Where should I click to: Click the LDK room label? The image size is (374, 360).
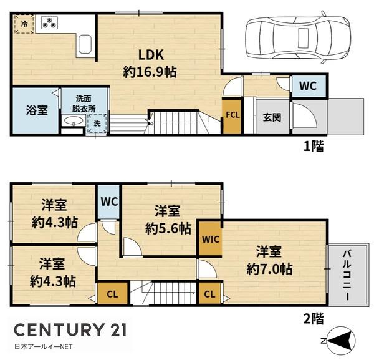[151, 55]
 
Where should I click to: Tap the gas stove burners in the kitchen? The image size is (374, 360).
[50, 22]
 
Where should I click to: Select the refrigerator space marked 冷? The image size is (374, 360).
[24, 24]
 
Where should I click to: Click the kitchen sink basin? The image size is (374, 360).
[85, 44]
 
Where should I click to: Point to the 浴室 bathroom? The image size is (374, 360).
[36, 110]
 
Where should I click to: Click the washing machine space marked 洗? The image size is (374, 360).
[97, 124]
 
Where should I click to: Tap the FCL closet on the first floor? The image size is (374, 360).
[233, 115]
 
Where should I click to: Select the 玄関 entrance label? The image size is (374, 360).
[272, 117]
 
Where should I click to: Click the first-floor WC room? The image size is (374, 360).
[309, 86]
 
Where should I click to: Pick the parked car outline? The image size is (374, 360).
[298, 37]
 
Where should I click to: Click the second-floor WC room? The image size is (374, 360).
[109, 202]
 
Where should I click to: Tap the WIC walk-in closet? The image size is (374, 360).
[211, 239]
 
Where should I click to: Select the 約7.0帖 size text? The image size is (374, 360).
[269, 269]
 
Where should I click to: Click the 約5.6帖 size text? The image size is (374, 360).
[168, 228]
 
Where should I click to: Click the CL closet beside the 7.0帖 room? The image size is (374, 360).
[209, 294]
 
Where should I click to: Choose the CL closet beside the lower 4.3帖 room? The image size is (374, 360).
[112, 294]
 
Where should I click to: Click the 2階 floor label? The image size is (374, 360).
[314, 319]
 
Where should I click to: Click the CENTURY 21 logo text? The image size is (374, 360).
[70, 330]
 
